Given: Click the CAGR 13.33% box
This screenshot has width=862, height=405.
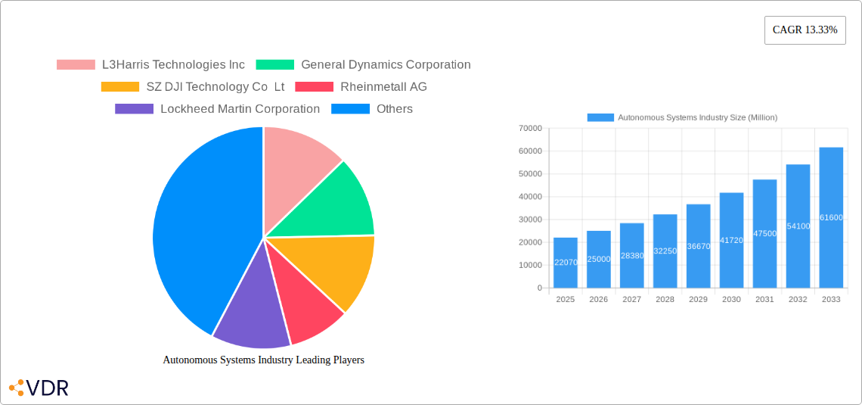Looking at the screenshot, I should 805,30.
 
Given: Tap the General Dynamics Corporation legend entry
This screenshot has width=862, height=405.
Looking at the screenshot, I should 363,65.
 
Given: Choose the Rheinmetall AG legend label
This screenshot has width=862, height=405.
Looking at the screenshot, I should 361,87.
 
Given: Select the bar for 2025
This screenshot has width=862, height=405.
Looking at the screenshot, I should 566,263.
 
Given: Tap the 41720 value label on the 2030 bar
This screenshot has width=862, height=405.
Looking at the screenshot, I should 731,240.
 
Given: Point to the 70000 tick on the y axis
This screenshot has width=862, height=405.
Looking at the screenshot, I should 529,129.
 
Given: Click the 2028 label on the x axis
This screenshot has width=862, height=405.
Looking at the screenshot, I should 665,300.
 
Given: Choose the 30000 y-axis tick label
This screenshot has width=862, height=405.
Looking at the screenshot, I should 529,220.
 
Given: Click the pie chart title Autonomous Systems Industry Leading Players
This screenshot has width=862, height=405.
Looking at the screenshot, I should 263,360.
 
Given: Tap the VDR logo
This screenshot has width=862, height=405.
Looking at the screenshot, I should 39,388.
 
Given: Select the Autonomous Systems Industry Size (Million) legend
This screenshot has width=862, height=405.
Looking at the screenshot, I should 682,117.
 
